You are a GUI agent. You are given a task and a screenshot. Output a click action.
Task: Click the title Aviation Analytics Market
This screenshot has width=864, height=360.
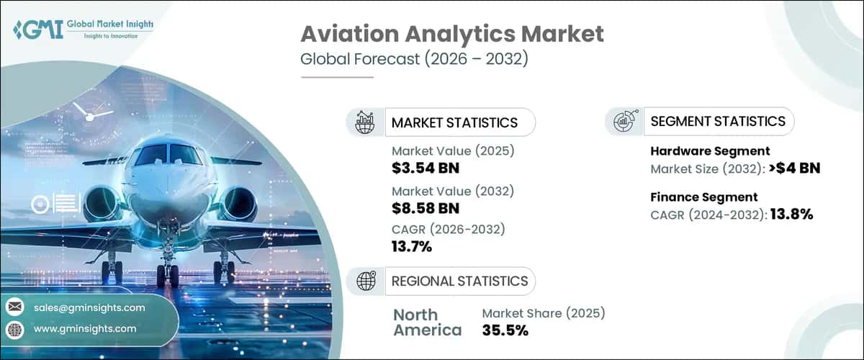452,35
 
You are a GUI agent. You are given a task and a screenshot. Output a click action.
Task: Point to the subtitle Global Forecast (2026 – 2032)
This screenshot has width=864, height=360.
414,59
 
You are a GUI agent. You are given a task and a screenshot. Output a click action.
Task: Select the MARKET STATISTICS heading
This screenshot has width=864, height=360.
454,122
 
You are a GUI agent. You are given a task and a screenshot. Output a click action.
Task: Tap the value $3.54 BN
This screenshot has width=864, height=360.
426,168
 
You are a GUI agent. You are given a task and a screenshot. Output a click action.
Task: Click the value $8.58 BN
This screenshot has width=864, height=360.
426,208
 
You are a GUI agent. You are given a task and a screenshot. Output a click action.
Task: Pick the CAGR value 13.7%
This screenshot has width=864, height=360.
412,247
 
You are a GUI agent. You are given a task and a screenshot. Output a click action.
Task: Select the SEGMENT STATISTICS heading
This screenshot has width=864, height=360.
718,121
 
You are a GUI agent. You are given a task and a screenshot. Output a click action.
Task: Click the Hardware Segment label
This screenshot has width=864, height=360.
710,150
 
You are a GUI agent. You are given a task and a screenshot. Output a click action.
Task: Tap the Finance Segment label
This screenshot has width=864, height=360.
703,197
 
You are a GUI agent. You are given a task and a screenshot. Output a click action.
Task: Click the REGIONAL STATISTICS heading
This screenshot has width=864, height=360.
459,281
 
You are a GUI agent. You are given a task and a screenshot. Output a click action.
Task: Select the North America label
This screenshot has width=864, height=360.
427,322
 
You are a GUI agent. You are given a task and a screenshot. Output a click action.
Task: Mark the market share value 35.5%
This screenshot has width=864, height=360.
505,330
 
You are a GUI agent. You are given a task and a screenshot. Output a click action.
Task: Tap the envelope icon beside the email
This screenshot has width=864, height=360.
14,307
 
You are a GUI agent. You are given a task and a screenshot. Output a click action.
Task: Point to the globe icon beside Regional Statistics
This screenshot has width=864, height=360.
366,281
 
